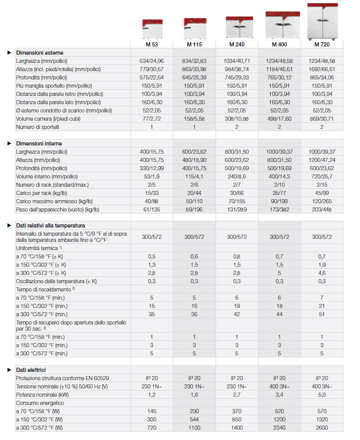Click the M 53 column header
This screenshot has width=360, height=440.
[152, 45]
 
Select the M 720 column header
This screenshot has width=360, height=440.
[322, 45]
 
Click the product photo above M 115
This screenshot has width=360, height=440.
[194, 29]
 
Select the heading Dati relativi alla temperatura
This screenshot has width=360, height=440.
[51, 225]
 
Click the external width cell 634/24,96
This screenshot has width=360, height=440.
[152, 61]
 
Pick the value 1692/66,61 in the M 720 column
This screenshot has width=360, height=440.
[322, 69]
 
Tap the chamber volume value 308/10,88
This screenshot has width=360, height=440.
[237, 119]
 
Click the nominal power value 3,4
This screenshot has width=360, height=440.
[279, 395]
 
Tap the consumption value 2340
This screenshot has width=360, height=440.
[279, 428]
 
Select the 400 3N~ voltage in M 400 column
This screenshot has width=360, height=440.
[279, 386]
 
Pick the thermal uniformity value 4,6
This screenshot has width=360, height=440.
[322, 272]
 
